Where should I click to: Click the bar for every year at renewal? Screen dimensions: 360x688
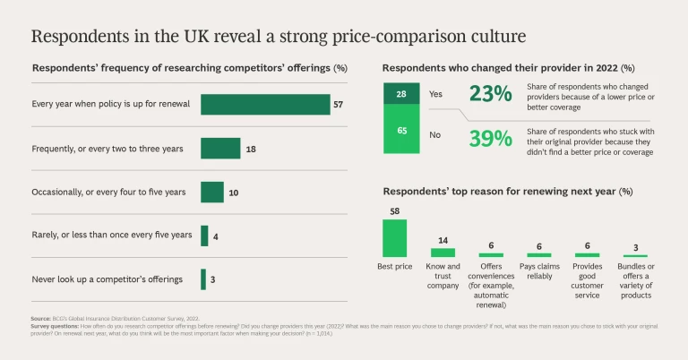[265, 104]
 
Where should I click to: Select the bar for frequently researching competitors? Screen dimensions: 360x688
[220, 148]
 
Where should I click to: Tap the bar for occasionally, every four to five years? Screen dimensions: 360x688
[212, 192]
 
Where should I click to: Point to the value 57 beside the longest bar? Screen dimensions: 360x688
[339, 105]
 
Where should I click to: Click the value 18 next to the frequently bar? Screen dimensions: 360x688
[251, 149]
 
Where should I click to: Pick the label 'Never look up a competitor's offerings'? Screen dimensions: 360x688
[107, 279]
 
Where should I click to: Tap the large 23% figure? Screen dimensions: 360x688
[490, 95]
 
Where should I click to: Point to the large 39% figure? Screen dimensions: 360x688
[490, 138]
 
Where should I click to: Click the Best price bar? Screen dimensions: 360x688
[395, 237]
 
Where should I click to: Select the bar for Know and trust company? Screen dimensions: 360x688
[443, 253]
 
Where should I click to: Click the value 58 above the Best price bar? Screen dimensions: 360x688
[395, 211]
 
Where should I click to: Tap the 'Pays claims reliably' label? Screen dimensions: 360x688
[538, 271]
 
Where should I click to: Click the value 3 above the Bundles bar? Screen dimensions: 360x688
[635, 247]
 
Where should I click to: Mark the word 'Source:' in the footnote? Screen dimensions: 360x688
[42, 319]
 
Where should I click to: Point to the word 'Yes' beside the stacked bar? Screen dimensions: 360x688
[436, 93]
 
